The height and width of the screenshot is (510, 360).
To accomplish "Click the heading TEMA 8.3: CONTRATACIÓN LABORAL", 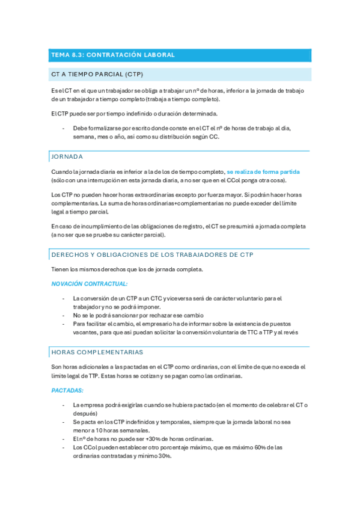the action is coord(113,55).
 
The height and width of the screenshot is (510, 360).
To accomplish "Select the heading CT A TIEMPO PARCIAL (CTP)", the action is coord(97,75).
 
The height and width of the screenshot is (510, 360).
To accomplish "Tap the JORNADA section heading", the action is coord(67,156).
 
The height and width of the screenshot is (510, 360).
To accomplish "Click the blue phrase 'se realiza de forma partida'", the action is coord(263,172).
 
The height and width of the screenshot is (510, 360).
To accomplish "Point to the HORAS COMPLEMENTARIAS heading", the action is coord(97,352).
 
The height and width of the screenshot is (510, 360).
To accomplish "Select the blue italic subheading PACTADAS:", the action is coord(67,390).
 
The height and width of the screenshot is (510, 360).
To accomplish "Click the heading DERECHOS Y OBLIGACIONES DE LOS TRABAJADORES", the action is coord(152,254).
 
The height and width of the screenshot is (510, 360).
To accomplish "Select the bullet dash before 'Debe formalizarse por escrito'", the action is coord(64,128).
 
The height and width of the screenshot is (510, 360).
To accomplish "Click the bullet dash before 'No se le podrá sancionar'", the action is coord(64,315).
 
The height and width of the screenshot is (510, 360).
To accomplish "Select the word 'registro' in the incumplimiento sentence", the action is coord(189,226).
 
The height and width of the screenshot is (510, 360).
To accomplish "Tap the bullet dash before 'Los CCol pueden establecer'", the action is coord(64,447).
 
